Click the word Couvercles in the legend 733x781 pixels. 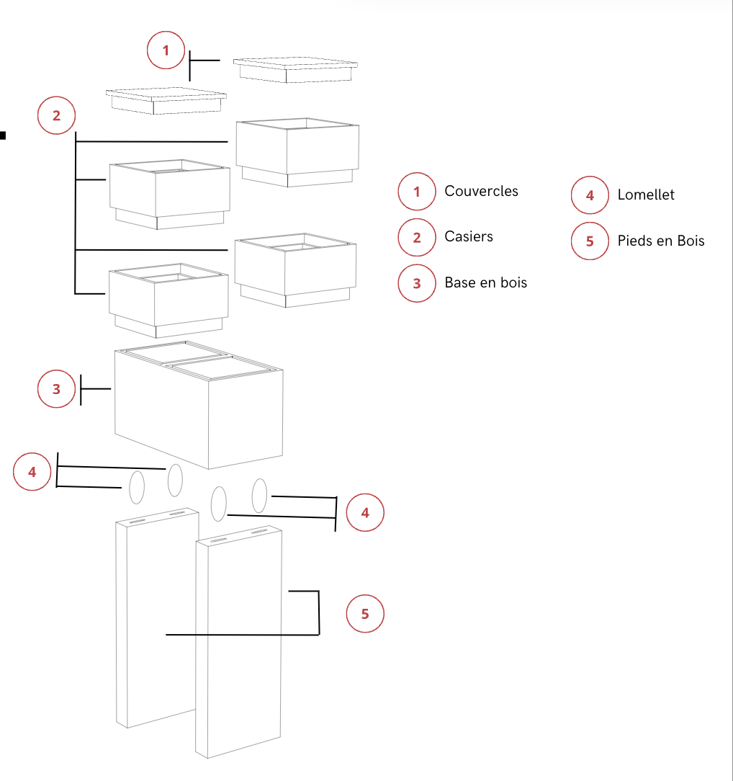click(481, 191)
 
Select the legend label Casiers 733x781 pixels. click(469, 237)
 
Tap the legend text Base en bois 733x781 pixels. click(485, 283)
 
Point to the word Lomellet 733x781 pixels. click(646, 195)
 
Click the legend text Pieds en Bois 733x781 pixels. click(660, 241)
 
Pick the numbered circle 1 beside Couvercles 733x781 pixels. click(417, 192)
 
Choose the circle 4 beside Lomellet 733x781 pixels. click(590, 195)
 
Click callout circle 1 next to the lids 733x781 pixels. click(166, 51)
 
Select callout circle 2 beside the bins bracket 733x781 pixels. click(57, 115)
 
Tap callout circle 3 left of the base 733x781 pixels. click(57, 389)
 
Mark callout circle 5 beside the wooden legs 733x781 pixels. click(365, 614)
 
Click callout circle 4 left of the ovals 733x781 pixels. click(32, 472)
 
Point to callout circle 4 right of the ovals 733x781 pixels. click(365, 513)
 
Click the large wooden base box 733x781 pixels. click(198, 411)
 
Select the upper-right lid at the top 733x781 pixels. click(295, 68)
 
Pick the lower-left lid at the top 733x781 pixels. click(166, 99)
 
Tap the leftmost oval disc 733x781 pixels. click(136, 488)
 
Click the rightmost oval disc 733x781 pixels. click(260, 494)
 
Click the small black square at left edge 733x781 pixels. click(3, 135)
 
